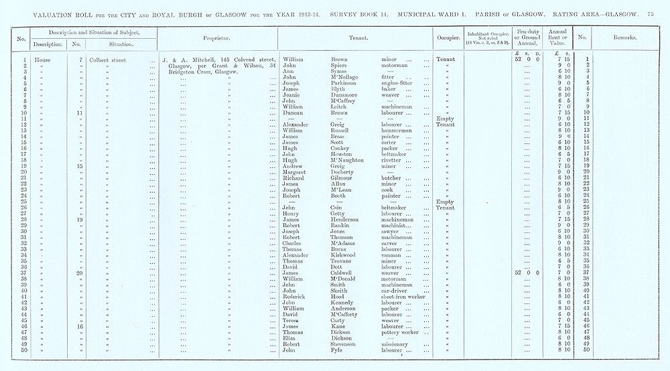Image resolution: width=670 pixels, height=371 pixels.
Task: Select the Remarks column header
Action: (624, 38)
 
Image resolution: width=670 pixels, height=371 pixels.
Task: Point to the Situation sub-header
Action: (122, 44)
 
